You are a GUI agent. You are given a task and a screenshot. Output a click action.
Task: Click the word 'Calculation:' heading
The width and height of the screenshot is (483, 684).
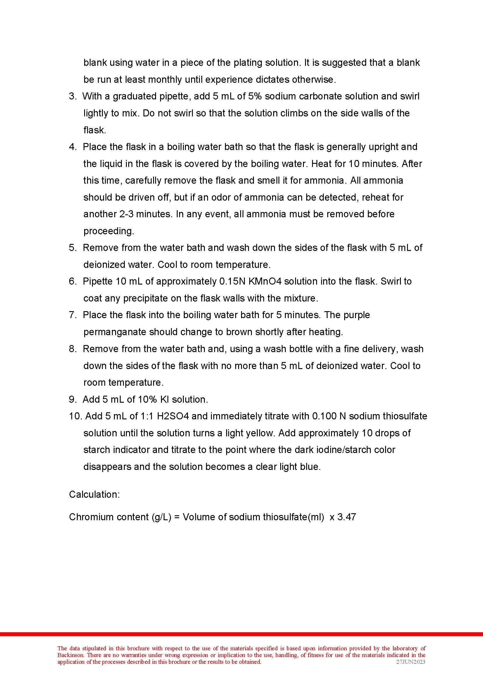click(94, 494)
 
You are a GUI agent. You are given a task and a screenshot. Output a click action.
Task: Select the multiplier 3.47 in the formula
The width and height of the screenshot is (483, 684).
click(347, 517)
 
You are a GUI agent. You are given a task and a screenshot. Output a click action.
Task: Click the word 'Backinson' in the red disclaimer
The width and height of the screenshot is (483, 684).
click(70, 655)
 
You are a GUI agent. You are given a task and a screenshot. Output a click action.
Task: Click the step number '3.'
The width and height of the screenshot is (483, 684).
click(73, 96)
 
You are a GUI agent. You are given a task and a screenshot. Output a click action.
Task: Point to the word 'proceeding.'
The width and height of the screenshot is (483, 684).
click(109, 231)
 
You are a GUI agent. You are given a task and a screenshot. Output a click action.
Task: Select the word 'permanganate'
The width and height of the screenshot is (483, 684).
click(115, 332)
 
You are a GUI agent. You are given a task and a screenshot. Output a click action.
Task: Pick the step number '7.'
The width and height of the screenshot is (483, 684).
click(73, 315)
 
